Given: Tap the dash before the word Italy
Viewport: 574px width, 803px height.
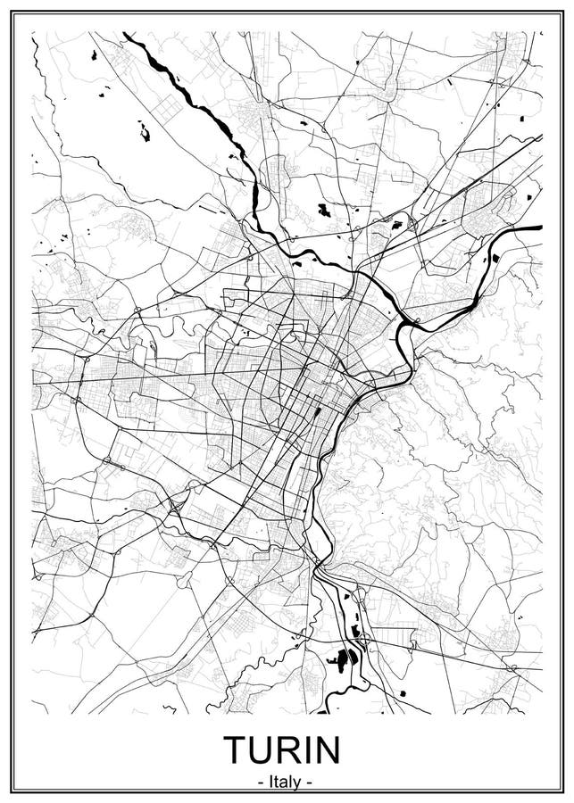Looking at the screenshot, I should tap(259, 782).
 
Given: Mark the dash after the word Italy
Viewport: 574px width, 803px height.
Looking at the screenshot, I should tap(309, 782).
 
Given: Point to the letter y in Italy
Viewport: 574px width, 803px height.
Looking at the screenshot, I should tap(297, 783).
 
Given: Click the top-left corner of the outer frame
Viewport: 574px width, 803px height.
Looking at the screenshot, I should tap(12, 12).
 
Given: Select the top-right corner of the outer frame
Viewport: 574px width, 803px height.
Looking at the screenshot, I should tap(562, 12).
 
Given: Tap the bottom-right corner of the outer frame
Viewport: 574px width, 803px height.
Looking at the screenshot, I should tap(562, 791).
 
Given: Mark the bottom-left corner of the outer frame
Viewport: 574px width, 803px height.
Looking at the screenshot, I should tap(12, 791).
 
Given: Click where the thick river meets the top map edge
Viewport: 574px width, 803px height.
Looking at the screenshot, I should tap(125, 34).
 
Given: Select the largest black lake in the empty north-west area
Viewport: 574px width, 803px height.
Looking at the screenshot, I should tap(144, 134).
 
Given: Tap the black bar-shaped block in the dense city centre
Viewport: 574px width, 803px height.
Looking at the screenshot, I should tap(319, 412).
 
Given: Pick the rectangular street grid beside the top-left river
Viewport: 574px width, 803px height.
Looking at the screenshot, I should tap(167, 110).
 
